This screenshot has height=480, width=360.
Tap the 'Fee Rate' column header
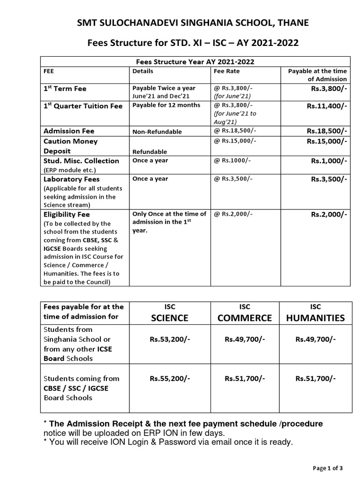click(226, 71)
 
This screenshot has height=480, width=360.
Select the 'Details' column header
click(142, 71)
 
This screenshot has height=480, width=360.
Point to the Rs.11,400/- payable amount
click(327, 106)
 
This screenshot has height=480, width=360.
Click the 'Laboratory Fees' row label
click(71, 179)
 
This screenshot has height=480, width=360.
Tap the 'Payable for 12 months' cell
click(166, 105)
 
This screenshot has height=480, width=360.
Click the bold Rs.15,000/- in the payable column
click(327, 141)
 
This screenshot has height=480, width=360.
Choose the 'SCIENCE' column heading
click(169, 318)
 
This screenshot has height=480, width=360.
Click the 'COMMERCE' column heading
click(244, 318)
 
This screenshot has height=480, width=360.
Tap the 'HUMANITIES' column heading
click(315, 318)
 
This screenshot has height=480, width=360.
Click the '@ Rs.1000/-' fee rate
click(232, 160)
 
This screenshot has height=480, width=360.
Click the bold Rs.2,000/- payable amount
click(329, 215)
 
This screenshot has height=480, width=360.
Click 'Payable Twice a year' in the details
click(164, 88)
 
